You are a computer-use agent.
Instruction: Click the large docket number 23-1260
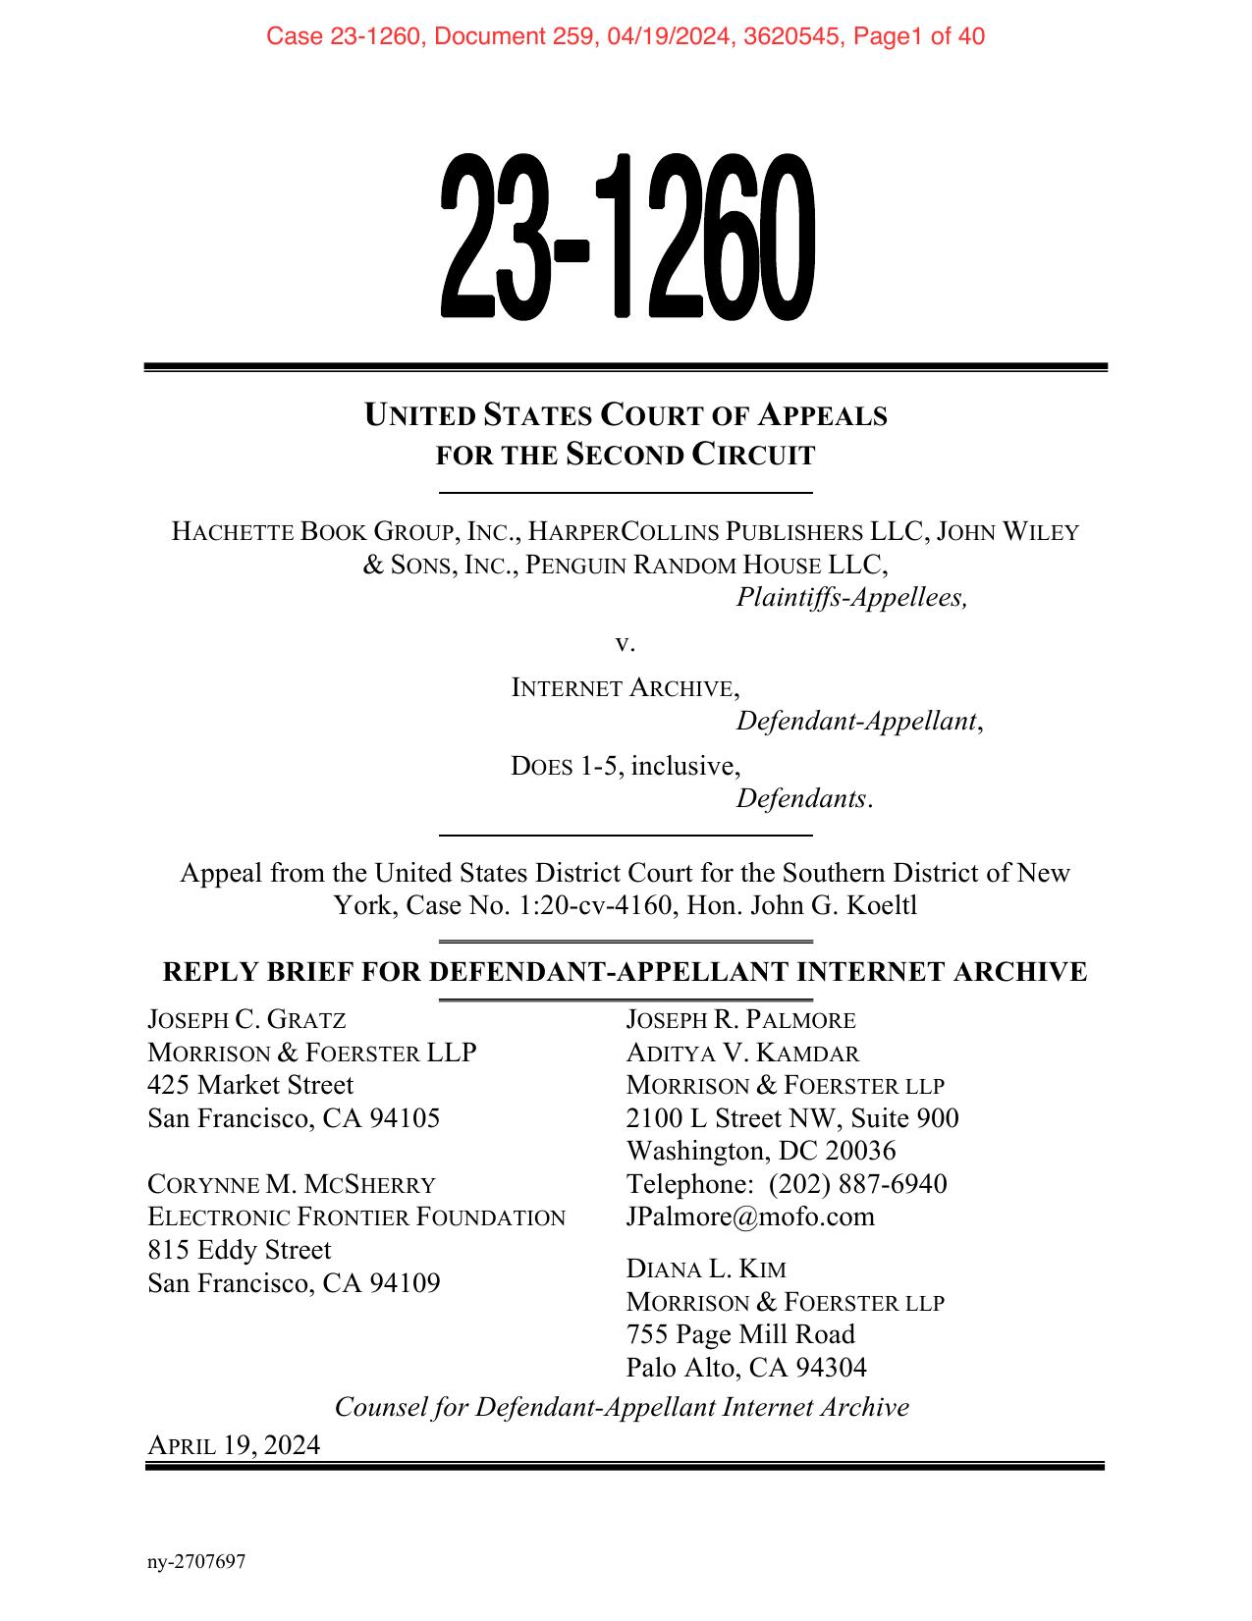tap(626, 237)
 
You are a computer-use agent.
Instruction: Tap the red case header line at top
tap(626, 37)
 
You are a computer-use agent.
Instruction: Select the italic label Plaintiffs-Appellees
tap(851, 597)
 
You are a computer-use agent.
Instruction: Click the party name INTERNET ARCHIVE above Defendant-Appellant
tap(626, 688)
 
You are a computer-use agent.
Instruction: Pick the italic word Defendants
tap(804, 798)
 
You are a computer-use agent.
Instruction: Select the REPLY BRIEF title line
tap(625, 972)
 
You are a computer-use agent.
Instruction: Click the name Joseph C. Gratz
tap(246, 1020)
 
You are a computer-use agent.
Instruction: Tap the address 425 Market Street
tap(250, 1085)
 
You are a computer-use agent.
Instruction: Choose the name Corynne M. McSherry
tap(292, 1184)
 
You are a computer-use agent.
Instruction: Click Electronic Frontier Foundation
tap(356, 1217)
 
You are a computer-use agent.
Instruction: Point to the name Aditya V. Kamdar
tap(742, 1054)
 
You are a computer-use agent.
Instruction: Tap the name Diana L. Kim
tap(706, 1270)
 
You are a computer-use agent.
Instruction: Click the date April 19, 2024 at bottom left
tap(234, 1445)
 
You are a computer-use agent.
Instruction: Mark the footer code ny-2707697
tap(195, 1562)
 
